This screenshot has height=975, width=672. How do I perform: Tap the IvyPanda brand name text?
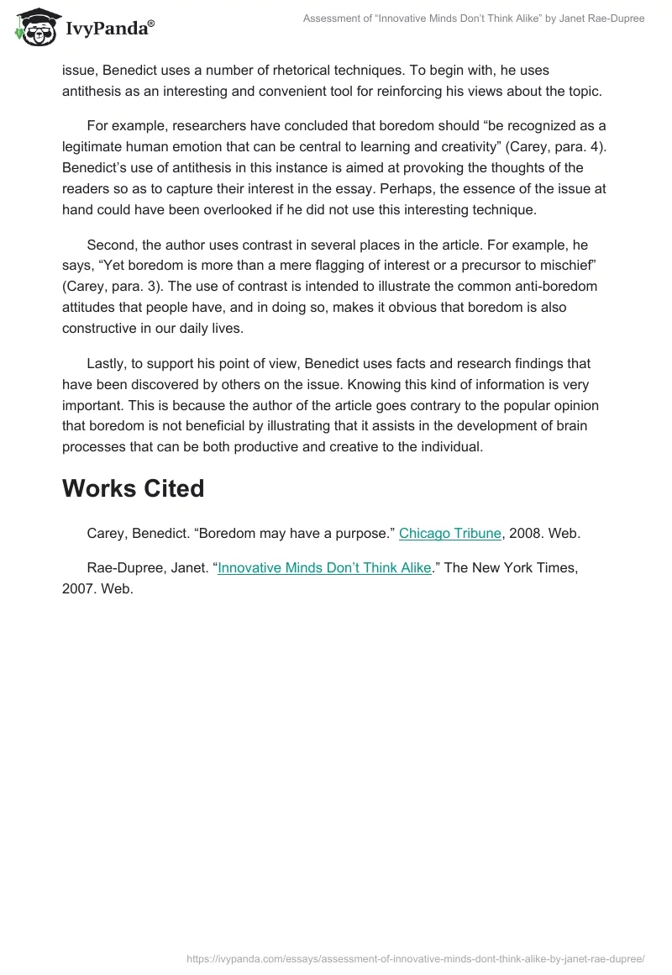[x=106, y=30]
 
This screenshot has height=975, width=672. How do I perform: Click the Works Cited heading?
[x=133, y=489]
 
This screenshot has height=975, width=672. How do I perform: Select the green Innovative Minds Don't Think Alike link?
[x=324, y=568]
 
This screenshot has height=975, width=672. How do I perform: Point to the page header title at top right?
[x=474, y=18]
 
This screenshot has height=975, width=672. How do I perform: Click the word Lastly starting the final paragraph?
[x=110, y=364]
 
